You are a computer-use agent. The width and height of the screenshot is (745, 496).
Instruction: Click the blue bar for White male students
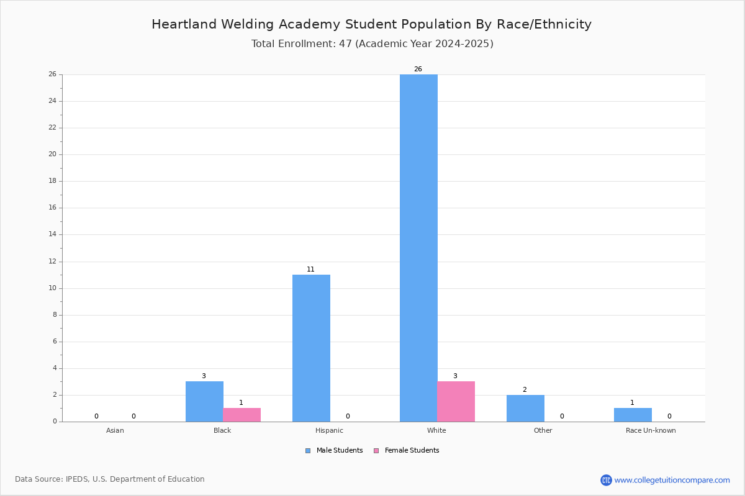tap(418, 248)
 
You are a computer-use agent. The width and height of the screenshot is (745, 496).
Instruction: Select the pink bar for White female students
tap(456, 401)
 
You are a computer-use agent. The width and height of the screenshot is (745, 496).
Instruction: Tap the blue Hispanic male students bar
tap(311, 348)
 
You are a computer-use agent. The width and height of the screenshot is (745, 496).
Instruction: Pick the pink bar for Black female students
tap(242, 415)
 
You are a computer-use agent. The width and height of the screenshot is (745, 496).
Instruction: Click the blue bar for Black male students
tap(204, 401)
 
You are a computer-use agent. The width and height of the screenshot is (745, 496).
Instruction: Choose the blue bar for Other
tap(525, 409)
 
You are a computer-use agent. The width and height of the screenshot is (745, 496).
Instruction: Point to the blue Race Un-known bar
tap(633, 415)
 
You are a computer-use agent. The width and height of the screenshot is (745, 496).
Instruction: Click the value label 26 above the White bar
tap(418, 69)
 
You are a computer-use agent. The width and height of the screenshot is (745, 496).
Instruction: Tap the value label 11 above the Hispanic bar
tap(310, 269)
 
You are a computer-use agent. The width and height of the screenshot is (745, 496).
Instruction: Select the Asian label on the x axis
tap(115, 430)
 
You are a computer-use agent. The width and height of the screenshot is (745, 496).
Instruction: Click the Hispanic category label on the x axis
tap(329, 430)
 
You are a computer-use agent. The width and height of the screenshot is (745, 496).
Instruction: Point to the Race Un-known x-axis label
tap(651, 430)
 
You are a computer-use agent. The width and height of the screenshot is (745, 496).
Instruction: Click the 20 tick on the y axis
tap(53, 154)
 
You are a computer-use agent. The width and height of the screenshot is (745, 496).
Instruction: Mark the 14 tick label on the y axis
tap(53, 234)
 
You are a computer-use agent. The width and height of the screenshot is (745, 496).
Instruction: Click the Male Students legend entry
tap(334, 451)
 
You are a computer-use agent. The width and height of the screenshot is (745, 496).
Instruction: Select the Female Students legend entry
tap(407, 451)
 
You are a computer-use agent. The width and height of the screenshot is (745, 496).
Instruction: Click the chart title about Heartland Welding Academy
tap(371, 25)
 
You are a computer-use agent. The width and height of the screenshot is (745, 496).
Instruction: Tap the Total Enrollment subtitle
tap(372, 44)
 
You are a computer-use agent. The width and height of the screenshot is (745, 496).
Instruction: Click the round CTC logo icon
tap(606, 480)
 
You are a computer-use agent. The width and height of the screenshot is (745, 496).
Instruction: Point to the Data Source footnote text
tap(110, 479)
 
